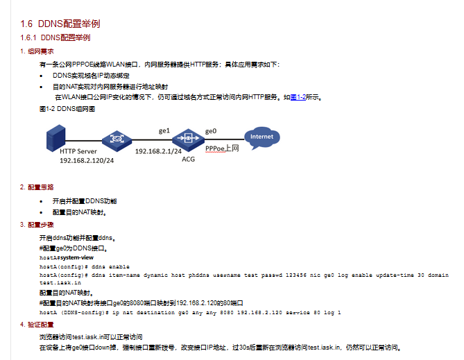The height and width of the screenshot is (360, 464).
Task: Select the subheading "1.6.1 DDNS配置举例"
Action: click(x=55, y=37)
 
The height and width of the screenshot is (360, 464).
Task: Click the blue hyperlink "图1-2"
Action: click(x=298, y=98)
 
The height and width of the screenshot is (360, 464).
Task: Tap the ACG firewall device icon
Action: click(x=187, y=137)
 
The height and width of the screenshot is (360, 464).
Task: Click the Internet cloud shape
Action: click(x=261, y=137)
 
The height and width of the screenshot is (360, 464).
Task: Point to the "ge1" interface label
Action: click(x=164, y=130)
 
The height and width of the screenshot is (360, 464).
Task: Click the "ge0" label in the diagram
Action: click(x=211, y=130)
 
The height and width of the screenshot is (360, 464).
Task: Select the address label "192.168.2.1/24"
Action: click(x=158, y=151)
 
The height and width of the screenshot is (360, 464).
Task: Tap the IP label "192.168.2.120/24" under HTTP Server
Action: click(x=87, y=160)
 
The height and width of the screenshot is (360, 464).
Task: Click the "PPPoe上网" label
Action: click(x=222, y=148)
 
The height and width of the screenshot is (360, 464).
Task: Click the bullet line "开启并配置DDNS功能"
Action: click(x=84, y=200)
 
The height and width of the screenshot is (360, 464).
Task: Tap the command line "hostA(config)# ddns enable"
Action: click(x=84, y=266)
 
